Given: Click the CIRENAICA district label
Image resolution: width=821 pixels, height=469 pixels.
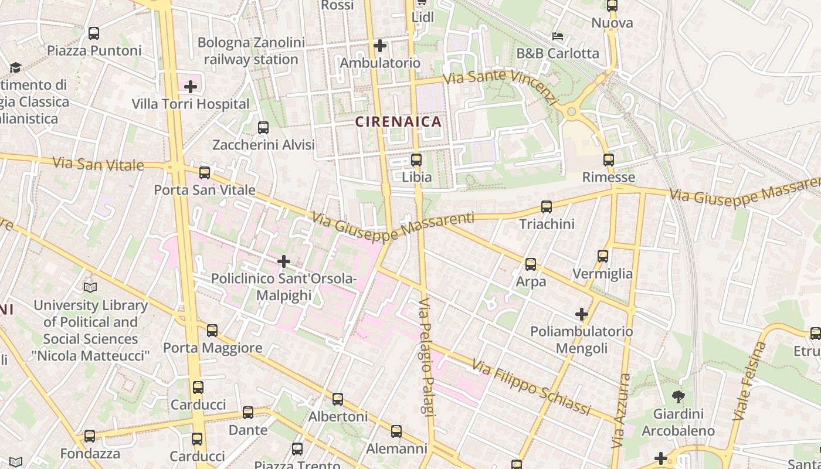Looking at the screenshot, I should point(398,122).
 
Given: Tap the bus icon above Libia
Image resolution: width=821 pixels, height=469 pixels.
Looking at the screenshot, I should point(416,159).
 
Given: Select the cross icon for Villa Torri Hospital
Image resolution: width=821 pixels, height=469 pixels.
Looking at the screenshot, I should point(190,87).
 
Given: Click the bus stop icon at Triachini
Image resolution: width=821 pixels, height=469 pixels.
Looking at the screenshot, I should point(547,206).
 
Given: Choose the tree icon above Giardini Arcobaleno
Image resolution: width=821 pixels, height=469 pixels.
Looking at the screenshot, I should point(678,396).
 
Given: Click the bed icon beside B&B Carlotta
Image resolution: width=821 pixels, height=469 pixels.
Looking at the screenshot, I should point(557,36).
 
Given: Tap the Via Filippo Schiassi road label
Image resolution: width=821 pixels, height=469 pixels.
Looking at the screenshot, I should point(531,389).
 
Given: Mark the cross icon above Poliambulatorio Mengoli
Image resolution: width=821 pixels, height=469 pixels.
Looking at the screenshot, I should point(581,314).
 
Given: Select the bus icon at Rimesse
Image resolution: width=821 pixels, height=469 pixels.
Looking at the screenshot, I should point(609,159).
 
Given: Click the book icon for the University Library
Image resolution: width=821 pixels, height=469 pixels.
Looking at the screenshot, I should point(90,287).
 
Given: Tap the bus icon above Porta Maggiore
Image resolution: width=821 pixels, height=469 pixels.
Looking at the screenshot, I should point(212,331).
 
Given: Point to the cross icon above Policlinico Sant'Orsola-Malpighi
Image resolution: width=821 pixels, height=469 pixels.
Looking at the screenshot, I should point(284,261).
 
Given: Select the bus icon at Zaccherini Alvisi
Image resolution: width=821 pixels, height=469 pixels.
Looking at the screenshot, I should point(263,127).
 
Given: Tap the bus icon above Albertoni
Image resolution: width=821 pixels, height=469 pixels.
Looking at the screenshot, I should point(338,399).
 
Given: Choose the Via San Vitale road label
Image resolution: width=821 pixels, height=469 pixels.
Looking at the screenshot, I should point(98,164).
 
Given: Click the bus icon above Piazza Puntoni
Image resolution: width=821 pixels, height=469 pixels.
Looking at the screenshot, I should point(94,33).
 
